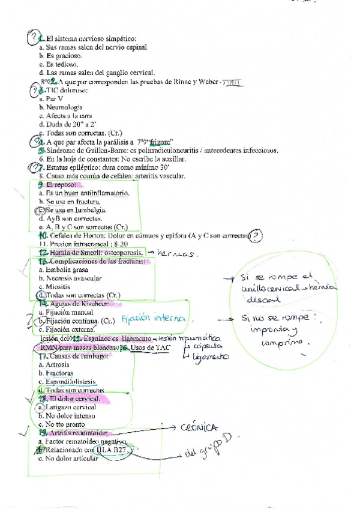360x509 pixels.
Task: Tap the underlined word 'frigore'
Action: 160,142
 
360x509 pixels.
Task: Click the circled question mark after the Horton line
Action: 257,236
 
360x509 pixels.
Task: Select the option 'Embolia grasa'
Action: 65,270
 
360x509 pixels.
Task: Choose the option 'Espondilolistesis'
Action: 70,382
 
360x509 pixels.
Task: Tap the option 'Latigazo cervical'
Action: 71,407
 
